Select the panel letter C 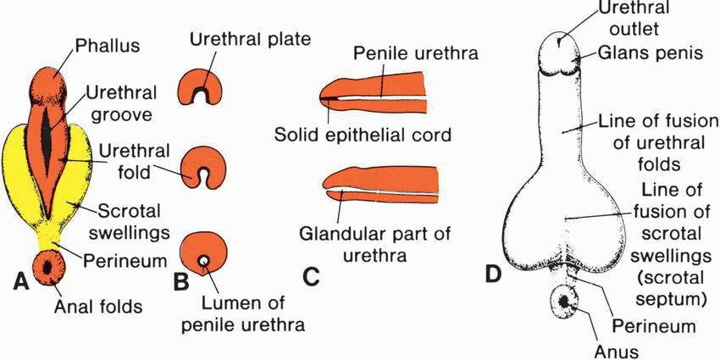313,276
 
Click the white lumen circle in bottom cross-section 204,260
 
